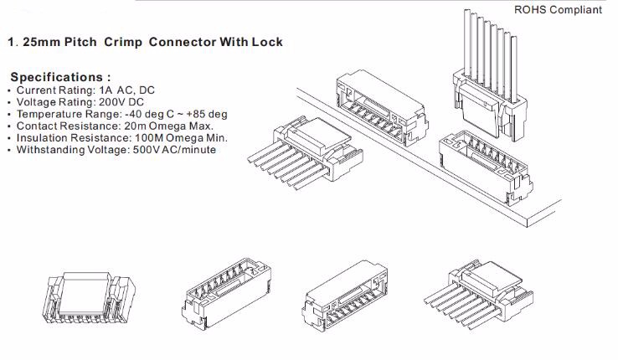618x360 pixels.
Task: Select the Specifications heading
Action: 60,77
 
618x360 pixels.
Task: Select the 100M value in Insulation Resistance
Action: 133,137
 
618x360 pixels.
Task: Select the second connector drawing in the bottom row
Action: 219,295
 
